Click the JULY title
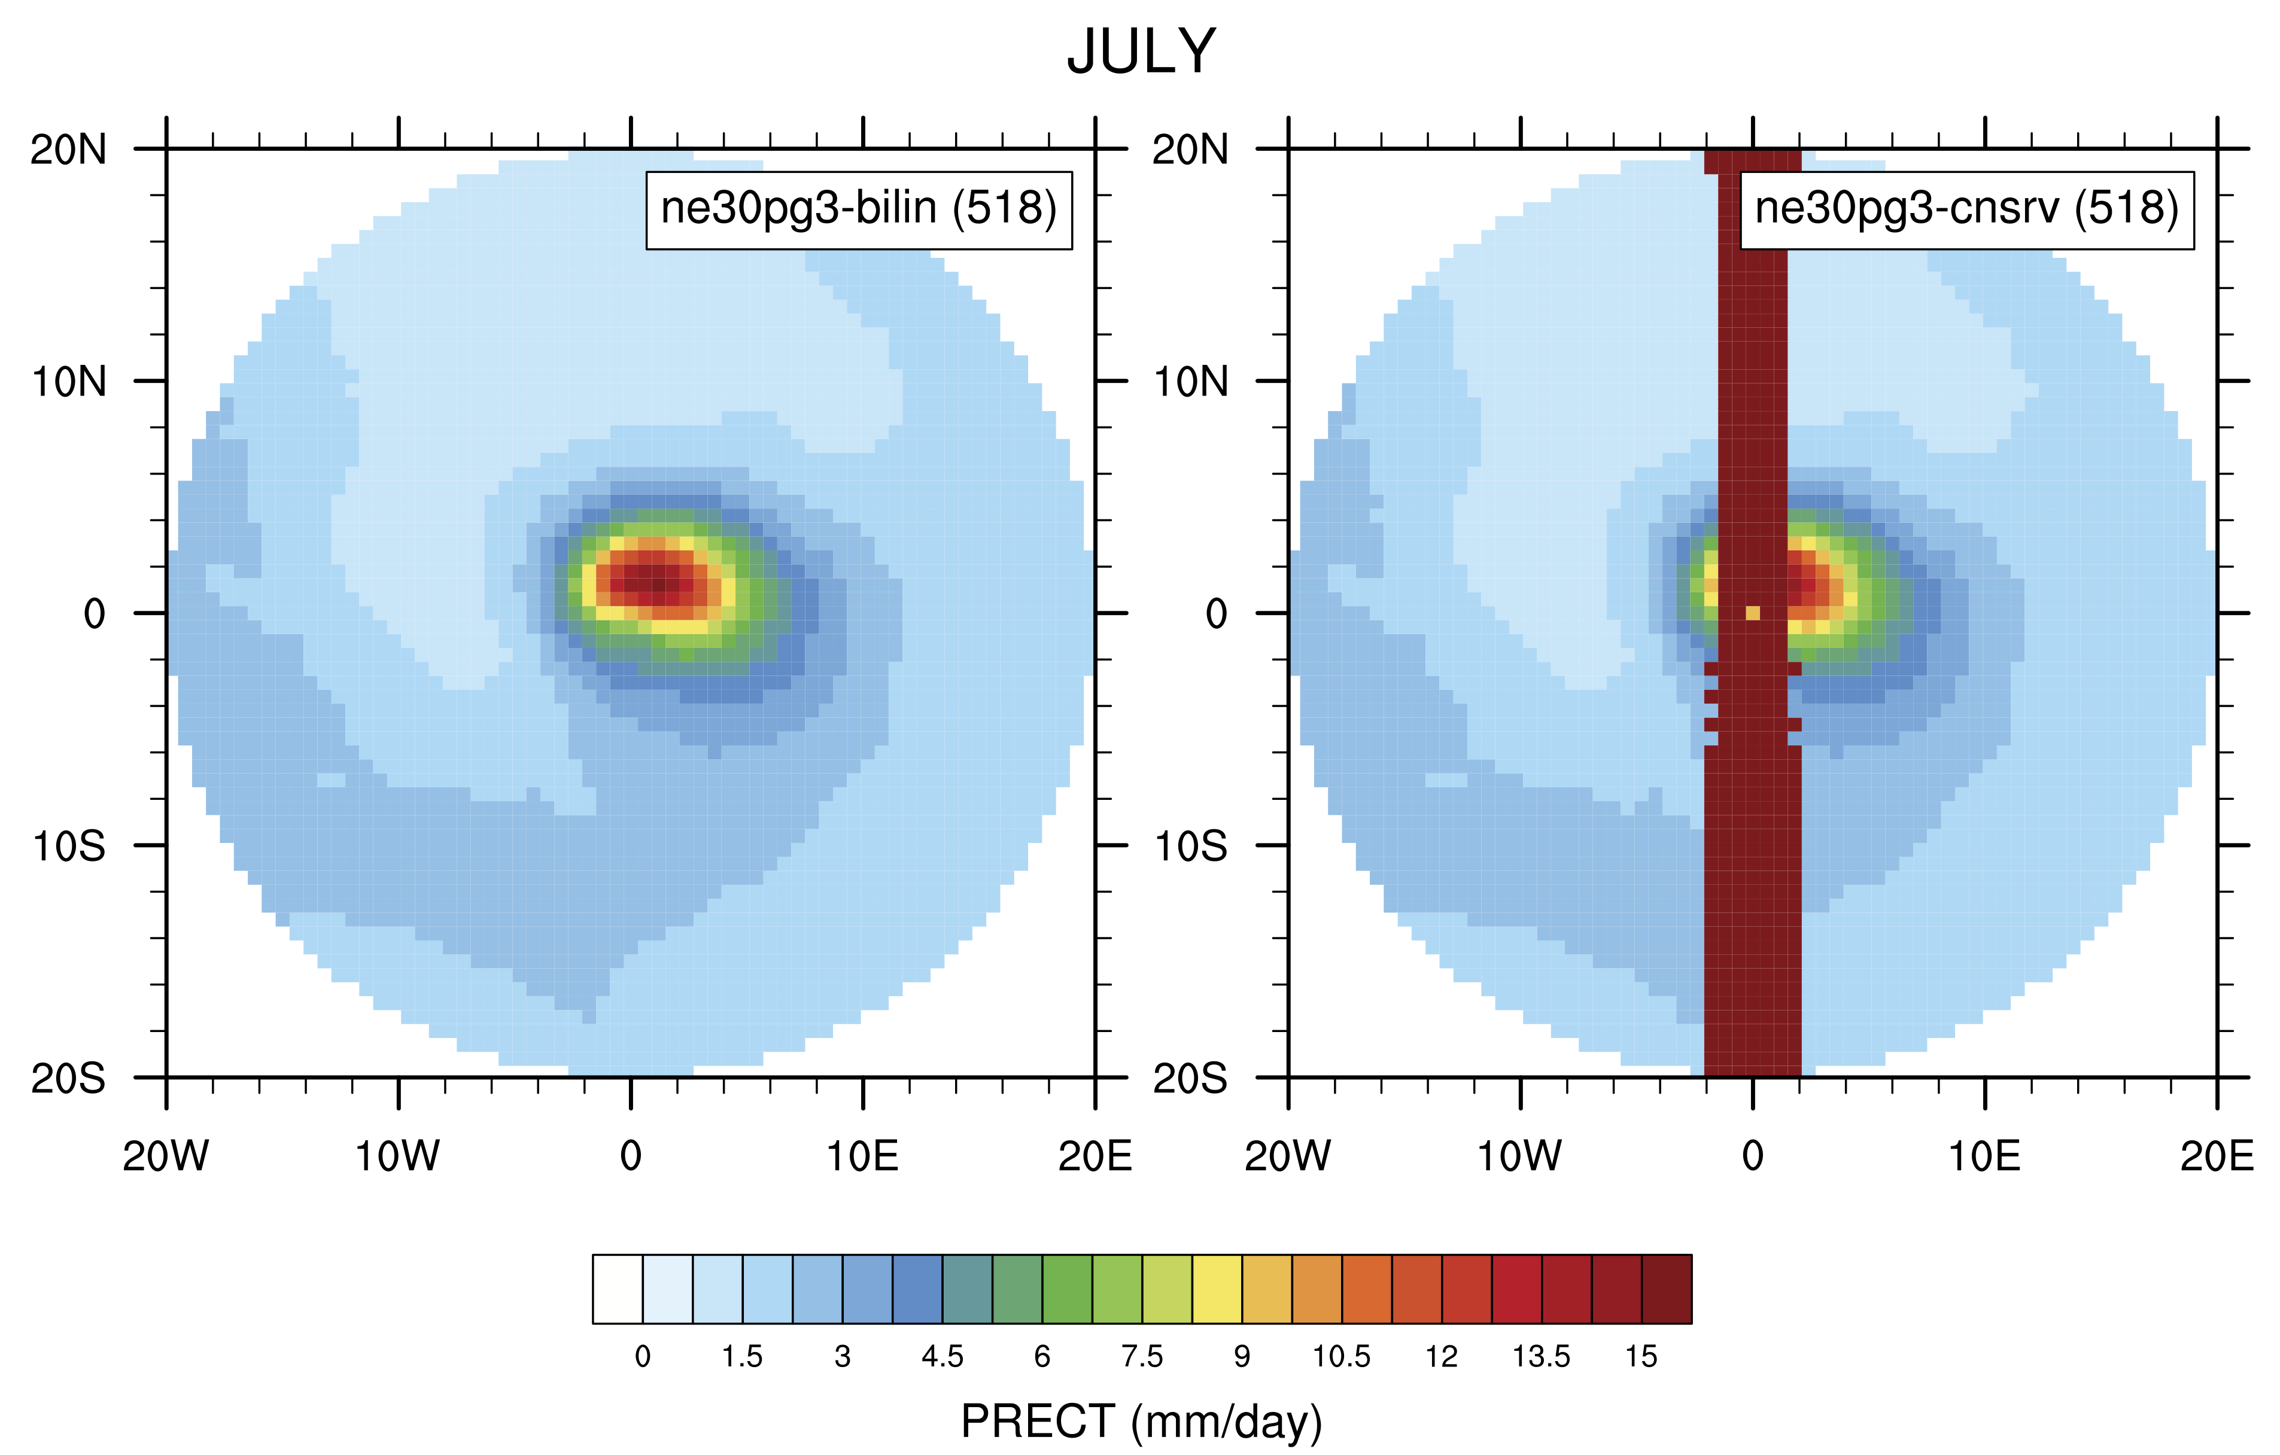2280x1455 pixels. point(1141,52)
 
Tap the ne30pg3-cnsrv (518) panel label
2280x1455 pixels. point(1966,209)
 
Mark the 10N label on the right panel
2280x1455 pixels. point(1190,382)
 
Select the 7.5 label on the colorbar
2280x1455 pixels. point(1142,1356)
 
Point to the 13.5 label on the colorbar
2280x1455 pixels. point(1540,1356)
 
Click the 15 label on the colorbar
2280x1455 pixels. point(1641,1356)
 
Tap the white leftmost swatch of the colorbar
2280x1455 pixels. point(618,1289)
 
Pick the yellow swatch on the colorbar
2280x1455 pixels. point(1217,1289)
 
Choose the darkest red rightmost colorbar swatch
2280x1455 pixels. point(1667,1289)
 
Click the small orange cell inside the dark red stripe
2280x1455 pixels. point(1753,613)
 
